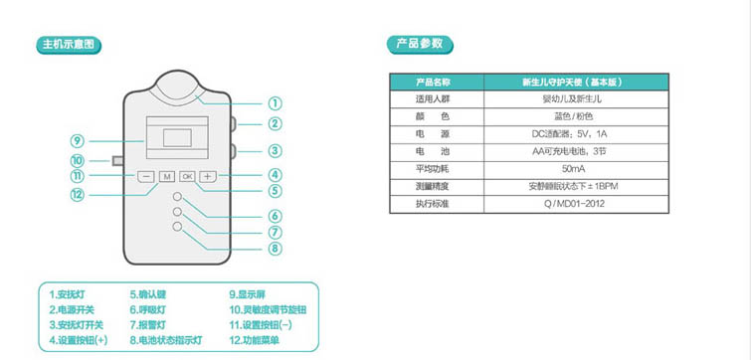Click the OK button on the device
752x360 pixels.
[187, 176]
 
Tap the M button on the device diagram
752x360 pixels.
[166, 176]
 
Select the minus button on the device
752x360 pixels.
[145, 176]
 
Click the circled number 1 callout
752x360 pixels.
[275, 102]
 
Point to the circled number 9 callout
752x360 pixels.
[77, 140]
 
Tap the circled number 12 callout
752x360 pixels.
[77, 195]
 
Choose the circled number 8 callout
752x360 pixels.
[275, 249]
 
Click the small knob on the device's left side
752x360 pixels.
[117, 160]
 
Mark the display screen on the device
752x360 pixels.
[177, 137]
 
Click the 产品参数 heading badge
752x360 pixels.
[422, 45]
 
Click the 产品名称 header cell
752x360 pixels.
[433, 82]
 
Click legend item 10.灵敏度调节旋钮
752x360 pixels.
[268, 309]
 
